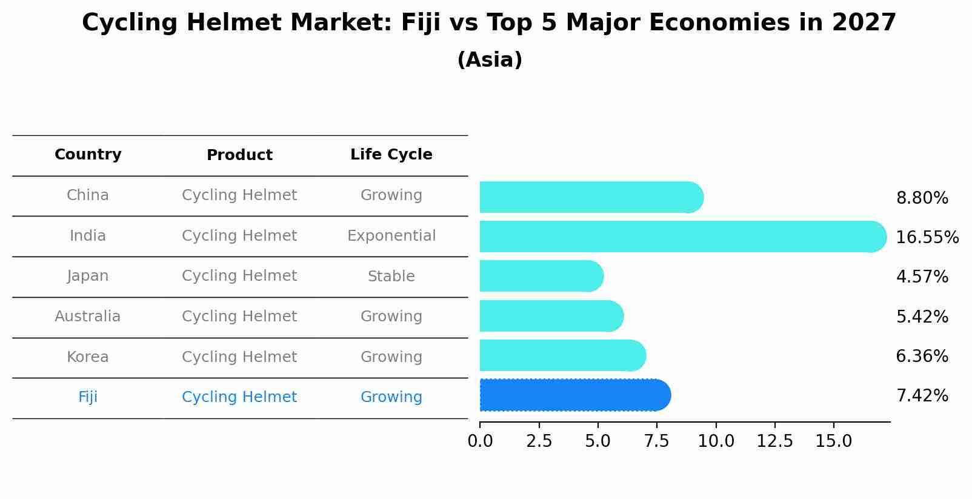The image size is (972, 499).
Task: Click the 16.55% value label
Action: [x=927, y=237]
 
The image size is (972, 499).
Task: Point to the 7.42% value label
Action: [x=922, y=396]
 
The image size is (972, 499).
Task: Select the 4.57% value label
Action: [x=922, y=277]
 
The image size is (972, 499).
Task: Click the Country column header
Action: [x=88, y=155]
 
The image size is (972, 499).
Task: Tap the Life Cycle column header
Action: [x=391, y=155]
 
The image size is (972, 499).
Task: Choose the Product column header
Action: [x=239, y=155]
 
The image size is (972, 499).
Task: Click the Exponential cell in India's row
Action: [x=391, y=236]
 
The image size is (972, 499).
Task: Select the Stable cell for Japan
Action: [x=391, y=276]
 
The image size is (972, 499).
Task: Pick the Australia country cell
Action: [x=88, y=316]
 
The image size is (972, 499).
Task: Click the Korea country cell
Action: [x=88, y=357]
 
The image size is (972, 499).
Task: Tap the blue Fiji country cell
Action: [x=88, y=397]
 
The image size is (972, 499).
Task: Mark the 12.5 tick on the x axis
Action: [x=774, y=441]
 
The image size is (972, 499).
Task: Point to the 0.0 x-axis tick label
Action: [x=480, y=441]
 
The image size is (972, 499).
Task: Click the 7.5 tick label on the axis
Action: [x=657, y=441]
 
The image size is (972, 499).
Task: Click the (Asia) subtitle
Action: [x=490, y=60]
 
